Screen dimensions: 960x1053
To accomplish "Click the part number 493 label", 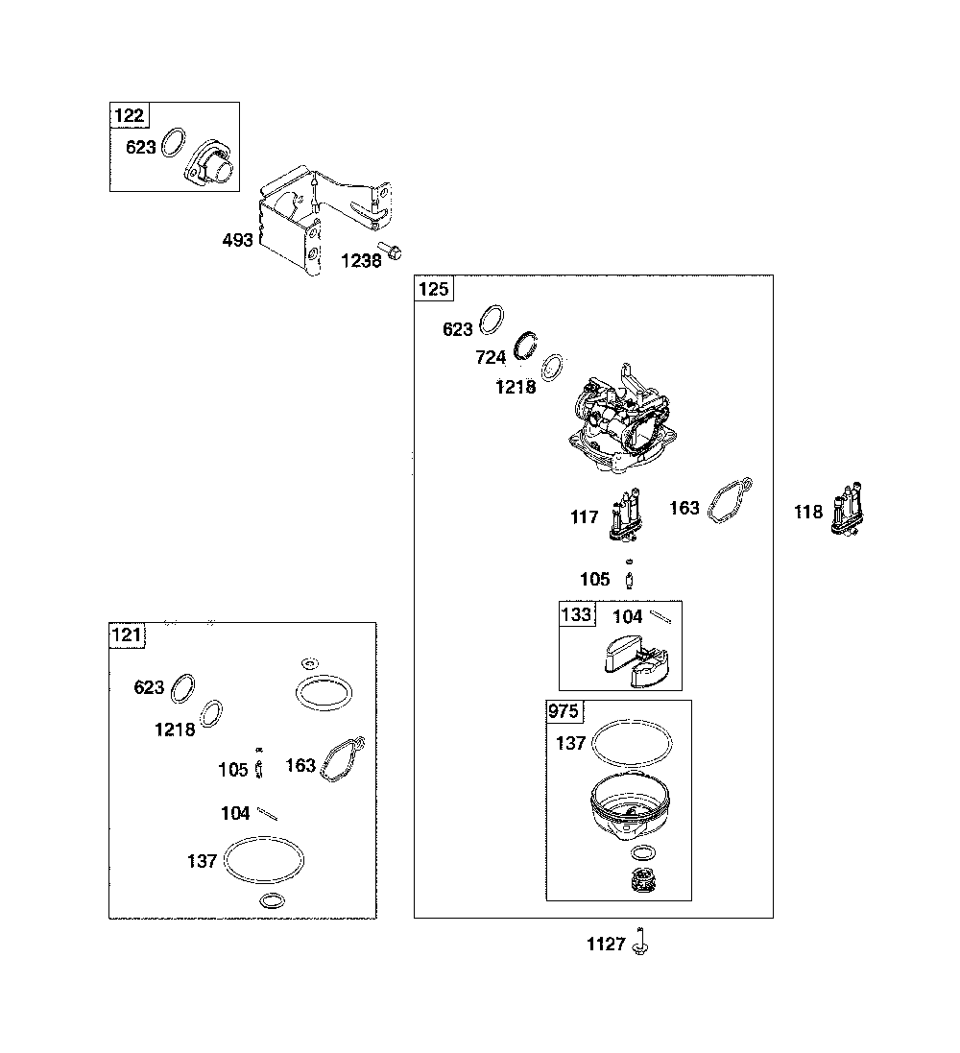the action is click(x=238, y=240).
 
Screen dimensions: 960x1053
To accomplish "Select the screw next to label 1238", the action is click(x=391, y=251).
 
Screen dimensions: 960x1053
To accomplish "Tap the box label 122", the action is click(x=129, y=115).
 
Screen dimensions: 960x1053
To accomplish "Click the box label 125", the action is click(x=433, y=289).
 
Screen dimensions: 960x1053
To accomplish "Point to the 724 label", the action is click(x=491, y=357).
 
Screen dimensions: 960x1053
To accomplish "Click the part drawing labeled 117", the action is click(x=626, y=515).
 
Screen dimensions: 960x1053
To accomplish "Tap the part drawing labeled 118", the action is click(x=847, y=509).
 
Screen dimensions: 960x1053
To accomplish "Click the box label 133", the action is click(x=576, y=613).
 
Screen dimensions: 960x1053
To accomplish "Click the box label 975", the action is click(x=563, y=710).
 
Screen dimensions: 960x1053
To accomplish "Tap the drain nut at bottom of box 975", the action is click(x=643, y=879).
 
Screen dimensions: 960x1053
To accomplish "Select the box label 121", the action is click(x=127, y=634).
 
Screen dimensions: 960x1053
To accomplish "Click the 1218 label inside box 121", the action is click(x=175, y=730).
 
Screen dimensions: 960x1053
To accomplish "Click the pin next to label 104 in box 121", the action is click(x=268, y=813).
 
